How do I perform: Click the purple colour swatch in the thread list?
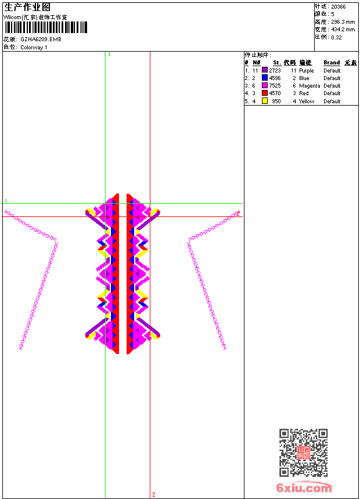tap(264, 70)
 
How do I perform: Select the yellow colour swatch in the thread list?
tap(264, 101)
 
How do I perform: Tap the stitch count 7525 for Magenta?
tap(275, 86)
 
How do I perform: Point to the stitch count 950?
tap(276, 101)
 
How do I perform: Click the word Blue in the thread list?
tap(304, 78)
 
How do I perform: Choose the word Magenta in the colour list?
tap(309, 86)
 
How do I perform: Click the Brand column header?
tap(332, 63)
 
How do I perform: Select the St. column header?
tap(277, 63)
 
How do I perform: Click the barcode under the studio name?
tap(45, 27)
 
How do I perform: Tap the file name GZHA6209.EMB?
tap(41, 39)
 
